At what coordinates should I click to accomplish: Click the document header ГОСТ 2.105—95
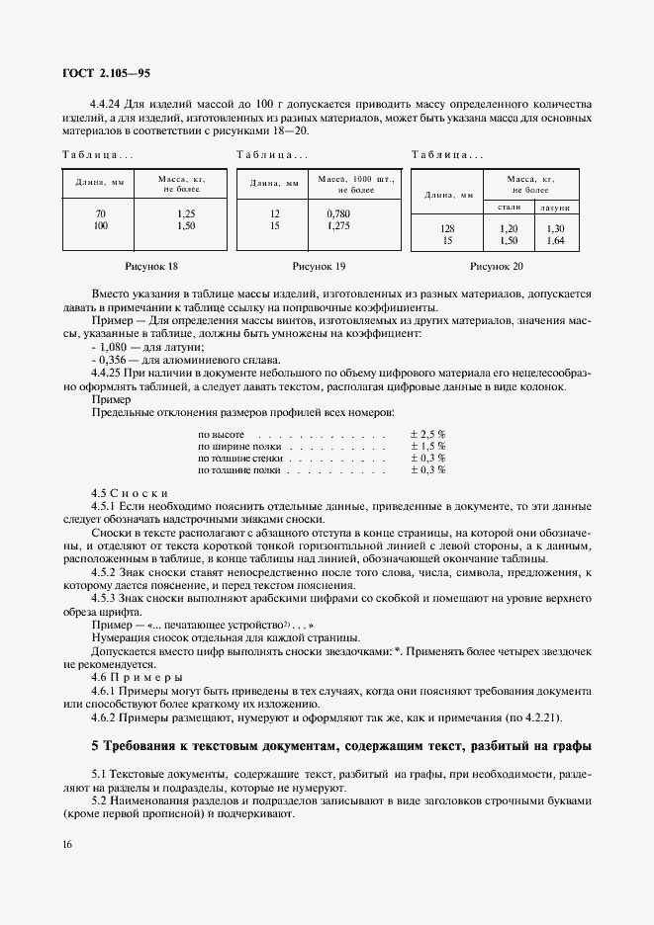point(107,73)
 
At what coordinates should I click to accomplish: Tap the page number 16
point(65,844)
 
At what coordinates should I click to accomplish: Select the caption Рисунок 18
point(151,266)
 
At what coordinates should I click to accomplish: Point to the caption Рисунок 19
point(319,266)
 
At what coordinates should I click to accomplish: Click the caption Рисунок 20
point(497,266)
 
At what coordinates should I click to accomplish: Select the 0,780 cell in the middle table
point(337,213)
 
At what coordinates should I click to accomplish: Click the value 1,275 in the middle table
point(337,226)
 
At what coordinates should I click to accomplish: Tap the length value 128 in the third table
point(446,228)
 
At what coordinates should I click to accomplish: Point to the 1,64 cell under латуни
point(554,241)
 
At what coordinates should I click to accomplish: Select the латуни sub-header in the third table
point(554,209)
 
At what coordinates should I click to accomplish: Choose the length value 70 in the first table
point(101,213)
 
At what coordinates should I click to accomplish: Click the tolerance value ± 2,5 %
point(427,434)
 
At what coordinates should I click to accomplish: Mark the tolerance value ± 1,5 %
point(427,447)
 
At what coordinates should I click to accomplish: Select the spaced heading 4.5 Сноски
point(130,492)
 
